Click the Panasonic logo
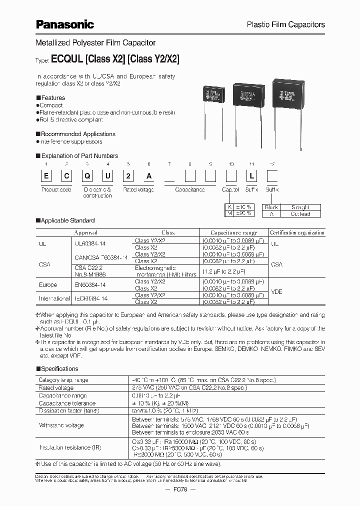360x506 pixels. (65, 24)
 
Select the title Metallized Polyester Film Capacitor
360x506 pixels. (95, 43)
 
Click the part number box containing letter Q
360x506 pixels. (87, 176)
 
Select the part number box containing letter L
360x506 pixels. (251, 176)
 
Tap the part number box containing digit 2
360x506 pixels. (128, 176)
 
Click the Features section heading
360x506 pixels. (52, 98)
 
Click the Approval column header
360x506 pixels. (85, 233)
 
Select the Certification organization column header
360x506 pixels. (297, 233)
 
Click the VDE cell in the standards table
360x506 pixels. (277, 291)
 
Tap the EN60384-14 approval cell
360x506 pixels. (91, 284)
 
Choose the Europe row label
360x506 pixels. (48, 284)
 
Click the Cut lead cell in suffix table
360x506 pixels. (300, 214)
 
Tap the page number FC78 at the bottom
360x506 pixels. (180, 489)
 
